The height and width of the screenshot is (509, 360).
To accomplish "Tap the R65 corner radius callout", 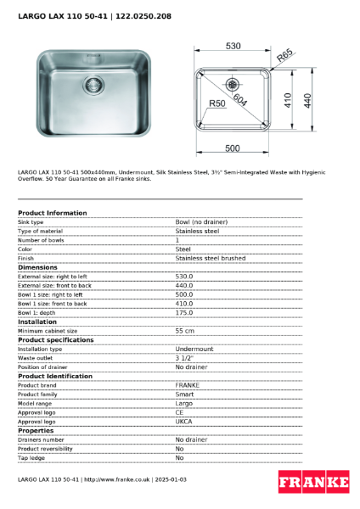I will coord(285,57).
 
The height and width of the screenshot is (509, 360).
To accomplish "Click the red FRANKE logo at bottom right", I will coord(313,483).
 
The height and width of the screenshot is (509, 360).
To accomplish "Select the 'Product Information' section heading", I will coord(52,213).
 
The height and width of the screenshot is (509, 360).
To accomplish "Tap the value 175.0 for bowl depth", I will coord(184,312).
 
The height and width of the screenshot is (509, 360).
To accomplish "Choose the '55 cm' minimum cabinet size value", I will coord(184,330).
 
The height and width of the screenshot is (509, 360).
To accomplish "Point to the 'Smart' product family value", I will coord(184,394).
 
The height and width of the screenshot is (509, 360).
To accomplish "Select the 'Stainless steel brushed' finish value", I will coord(211,258).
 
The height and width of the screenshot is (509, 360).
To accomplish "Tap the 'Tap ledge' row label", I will coord(31,457).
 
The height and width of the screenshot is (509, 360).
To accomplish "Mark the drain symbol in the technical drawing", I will coord(233,85).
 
